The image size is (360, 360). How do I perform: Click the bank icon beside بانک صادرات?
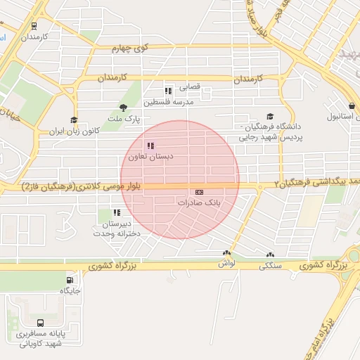coord(200,192)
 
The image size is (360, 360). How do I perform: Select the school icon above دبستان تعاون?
coord(150,146)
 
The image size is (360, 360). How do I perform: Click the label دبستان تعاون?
coord(150,156)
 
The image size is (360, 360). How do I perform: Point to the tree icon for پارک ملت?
coord(124,108)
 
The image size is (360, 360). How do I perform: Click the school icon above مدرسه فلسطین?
coord(168,91)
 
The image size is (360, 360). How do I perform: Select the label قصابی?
coord(190,87)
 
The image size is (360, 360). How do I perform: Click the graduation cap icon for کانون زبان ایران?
coord(73,121)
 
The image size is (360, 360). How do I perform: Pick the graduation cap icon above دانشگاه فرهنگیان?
coord(270,117)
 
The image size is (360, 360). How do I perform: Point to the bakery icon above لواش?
coord(226,254)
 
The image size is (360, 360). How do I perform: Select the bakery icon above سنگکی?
coord(270,256)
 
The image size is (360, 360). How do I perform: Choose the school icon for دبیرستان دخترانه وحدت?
coord(117,212)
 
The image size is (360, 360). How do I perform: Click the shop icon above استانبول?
coord(351,106)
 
